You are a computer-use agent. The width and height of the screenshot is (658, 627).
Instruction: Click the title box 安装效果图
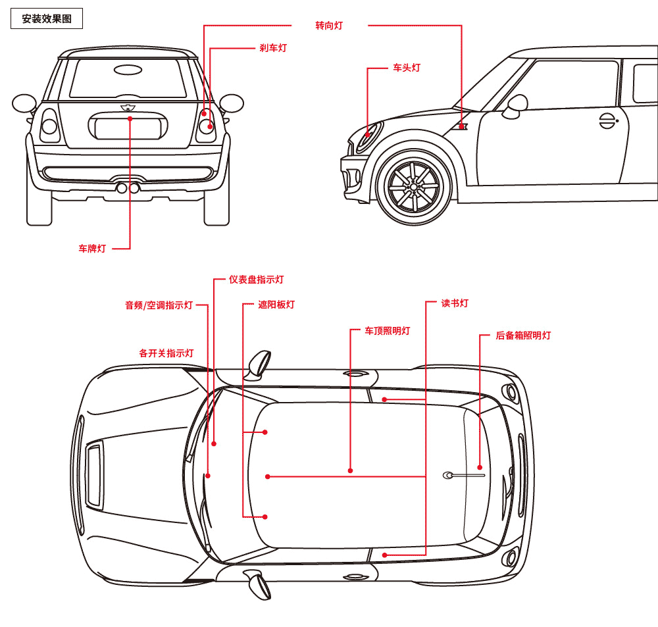(47, 19)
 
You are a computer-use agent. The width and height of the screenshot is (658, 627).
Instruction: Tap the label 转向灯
(329, 26)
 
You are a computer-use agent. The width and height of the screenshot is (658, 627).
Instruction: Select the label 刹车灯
(273, 48)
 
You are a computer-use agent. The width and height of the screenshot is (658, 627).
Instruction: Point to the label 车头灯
(407, 68)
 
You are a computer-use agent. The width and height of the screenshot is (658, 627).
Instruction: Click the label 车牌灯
(92, 249)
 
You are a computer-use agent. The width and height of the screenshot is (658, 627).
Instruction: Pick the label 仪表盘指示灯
(256, 280)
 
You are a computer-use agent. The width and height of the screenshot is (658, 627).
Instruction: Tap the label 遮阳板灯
(276, 305)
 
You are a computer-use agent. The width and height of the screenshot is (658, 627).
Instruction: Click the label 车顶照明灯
(388, 331)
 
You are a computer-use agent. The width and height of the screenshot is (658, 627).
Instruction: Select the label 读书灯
(455, 303)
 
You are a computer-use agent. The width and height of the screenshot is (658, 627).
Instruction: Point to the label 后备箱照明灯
(523, 336)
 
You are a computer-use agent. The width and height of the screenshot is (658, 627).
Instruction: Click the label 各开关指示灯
(166, 353)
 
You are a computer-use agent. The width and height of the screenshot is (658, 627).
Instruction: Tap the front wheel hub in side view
(414, 187)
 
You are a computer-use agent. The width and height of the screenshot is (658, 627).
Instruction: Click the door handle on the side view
(607, 120)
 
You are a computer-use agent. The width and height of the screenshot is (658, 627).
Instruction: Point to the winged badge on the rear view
(128, 107)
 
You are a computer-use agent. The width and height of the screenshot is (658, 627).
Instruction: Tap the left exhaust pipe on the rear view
(121, 188)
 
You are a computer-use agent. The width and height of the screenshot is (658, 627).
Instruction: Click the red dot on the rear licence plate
(130, 118)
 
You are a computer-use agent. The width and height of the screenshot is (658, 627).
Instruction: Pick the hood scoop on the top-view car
(94, 475)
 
